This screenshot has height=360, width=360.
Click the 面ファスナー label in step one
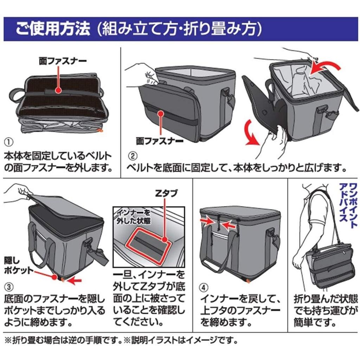(x=58, y=60)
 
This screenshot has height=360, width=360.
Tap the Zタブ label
(x=166, y=193)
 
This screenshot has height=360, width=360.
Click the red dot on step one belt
(x=58, y=91)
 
